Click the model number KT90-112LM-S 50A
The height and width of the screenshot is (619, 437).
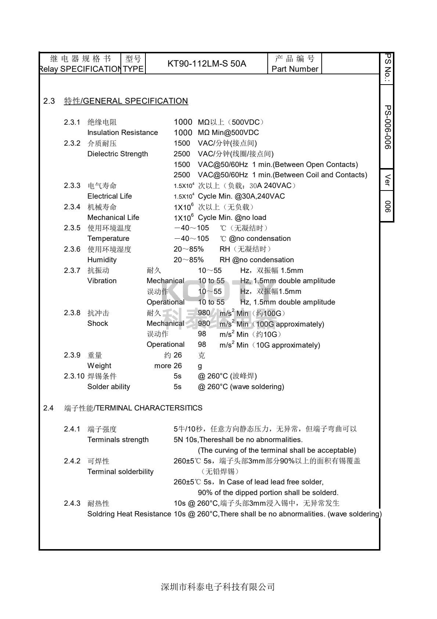click(x=207, y=64)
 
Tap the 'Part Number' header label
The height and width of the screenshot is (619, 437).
click(x=295, y=69)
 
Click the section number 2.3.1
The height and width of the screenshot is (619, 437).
click(x=72, y=122)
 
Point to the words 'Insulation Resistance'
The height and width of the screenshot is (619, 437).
click(x=122, y=133)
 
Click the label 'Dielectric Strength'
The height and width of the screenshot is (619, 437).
click(x=118, y=154)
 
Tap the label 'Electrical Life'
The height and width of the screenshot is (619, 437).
click(x=109, y=196)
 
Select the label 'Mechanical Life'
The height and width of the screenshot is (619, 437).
click(x=113, y=218)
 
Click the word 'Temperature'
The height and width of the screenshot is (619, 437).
click(x=108, y=239)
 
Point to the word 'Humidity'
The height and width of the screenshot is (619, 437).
click(x=102, y=260)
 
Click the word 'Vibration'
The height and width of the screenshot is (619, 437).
click(x=102, y=281)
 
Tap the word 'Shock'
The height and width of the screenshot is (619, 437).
click(x=98, y=324)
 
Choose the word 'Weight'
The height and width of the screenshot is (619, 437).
click(x=99, y=366)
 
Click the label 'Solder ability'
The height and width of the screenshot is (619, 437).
click(x=108, y=387)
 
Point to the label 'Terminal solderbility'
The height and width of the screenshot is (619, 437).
click(x=120, y=472)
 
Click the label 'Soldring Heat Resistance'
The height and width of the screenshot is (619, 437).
click(x=129, y=514)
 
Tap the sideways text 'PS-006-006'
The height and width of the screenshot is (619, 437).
click(x=387, y=127)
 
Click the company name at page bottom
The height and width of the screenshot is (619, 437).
click(x=218, y=587)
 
